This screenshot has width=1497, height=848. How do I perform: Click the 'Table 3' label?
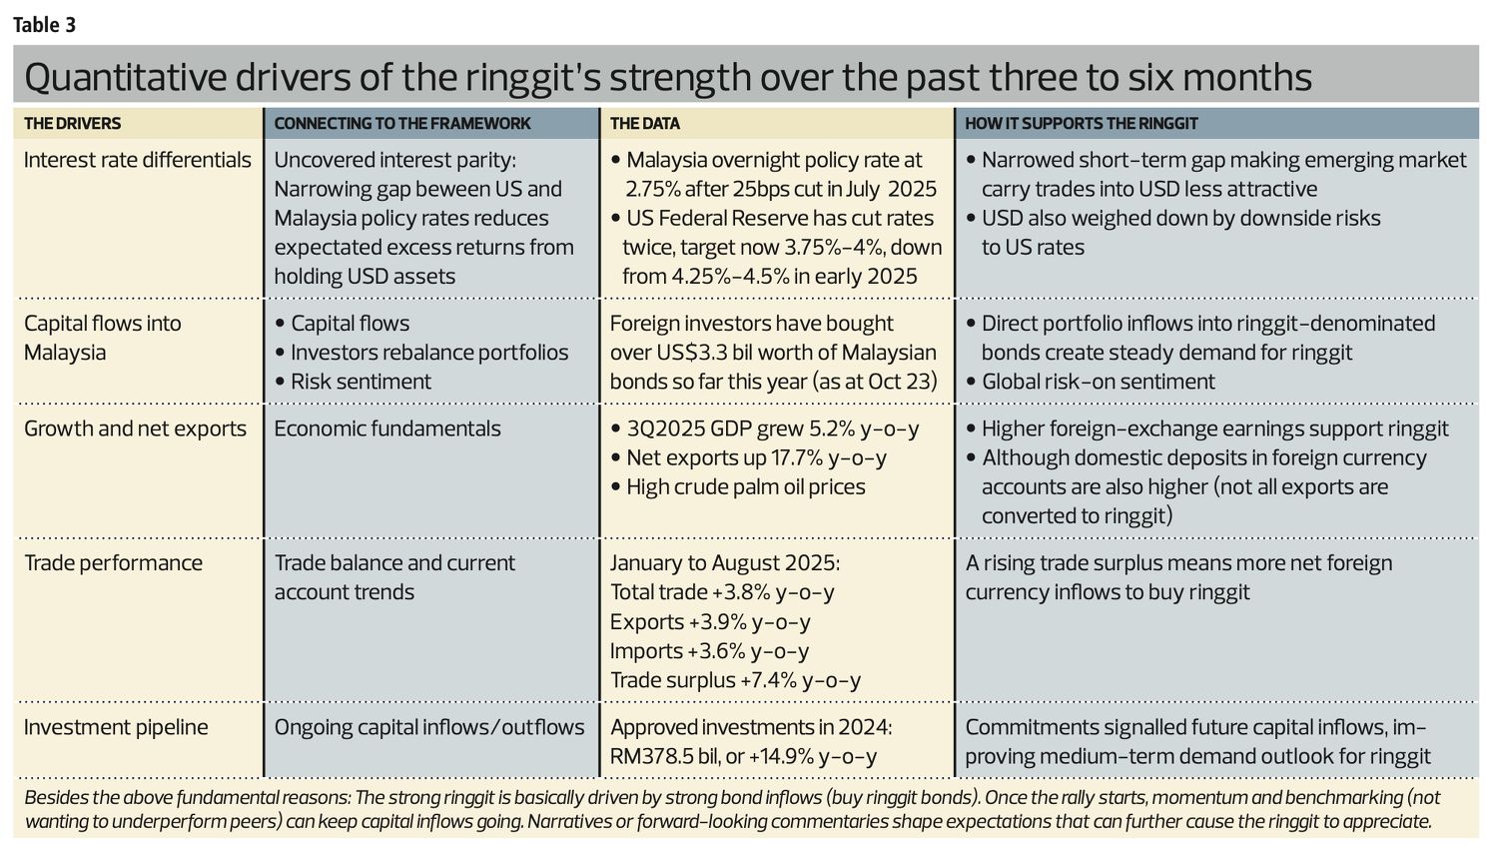click(x=44, y=25)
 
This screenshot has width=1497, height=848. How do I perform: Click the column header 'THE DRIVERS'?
click(x=72, y=124)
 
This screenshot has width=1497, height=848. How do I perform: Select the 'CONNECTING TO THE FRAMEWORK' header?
click(x=402, y=124)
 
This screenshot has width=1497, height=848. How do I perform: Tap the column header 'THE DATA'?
click(x=644, y=124)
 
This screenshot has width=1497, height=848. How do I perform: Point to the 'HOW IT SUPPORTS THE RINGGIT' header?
click(x=1081, y=124)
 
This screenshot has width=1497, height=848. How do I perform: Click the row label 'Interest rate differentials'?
click(x=137, y=160)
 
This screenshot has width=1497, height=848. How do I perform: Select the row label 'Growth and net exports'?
click(x=135, y=428)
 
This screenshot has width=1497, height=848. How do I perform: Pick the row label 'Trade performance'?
click(x=113, y=563)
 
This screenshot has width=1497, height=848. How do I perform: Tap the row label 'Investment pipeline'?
click(x=116, y=727)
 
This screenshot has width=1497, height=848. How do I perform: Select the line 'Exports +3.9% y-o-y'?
click(x=710, y=622)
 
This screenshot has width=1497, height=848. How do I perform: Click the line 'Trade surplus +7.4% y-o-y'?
click(x=735, y=681)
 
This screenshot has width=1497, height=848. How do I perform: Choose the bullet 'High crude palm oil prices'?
click(x=745, y=487)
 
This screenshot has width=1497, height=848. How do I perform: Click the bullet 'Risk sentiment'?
click(x=361, y=382)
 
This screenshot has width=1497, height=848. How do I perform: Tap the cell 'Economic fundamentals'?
click(x=387, y=428)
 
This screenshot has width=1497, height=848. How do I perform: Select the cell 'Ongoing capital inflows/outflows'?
click(x=428, y=727)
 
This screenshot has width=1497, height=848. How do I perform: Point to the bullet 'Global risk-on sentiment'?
click(x=1098, y=382)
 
